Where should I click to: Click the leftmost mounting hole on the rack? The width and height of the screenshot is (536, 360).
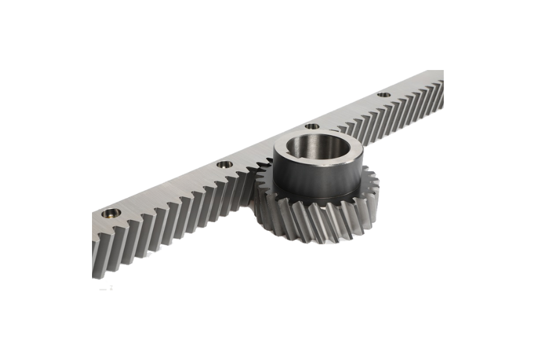pos(111,213)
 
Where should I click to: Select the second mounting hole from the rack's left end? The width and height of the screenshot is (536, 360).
pos(224,164)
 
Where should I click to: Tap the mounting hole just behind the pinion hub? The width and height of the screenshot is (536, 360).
pos(312,126)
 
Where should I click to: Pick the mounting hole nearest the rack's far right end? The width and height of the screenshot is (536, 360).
pos(384,95)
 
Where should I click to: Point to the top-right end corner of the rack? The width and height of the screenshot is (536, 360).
pos(443,71)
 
